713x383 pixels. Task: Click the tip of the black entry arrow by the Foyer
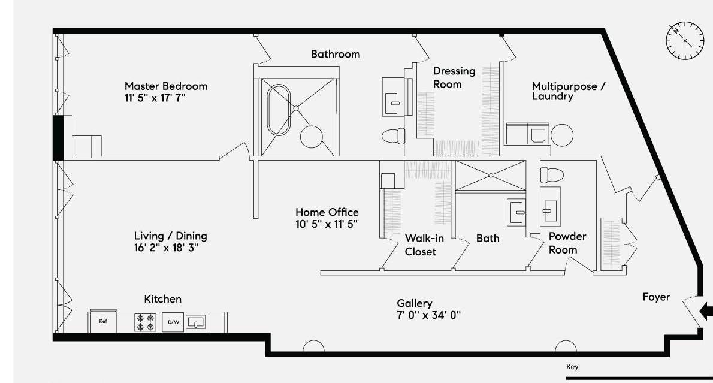click(x=700, y=312)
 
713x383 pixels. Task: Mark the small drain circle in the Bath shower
click(x=491, y=175)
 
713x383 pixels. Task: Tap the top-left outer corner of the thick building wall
click(x=53, y=29)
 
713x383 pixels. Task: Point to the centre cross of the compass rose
click(x=685, y=40)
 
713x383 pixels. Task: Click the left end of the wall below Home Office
click(x=321, y=273)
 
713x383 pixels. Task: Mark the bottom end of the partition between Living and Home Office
click(x=256, y=218)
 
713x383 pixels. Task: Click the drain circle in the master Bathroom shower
click(x=296, y=108)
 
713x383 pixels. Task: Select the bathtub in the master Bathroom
click(x=279, y=110)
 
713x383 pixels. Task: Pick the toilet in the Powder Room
click(x=552, y=174)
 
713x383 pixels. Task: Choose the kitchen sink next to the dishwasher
click(x=196, y=322)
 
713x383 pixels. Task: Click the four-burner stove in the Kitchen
click(x=146, y=322)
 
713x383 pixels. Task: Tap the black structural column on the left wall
click(x=58, y=138)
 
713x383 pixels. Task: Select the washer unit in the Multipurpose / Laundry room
click(x=539, y=135)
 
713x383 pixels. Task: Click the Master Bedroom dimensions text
click(x=155, y=98)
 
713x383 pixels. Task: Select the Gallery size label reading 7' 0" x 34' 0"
click(x=429, y=315)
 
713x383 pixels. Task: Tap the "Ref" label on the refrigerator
click(x=103, y=321)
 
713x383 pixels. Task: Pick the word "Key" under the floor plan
click(x=572, y=367)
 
